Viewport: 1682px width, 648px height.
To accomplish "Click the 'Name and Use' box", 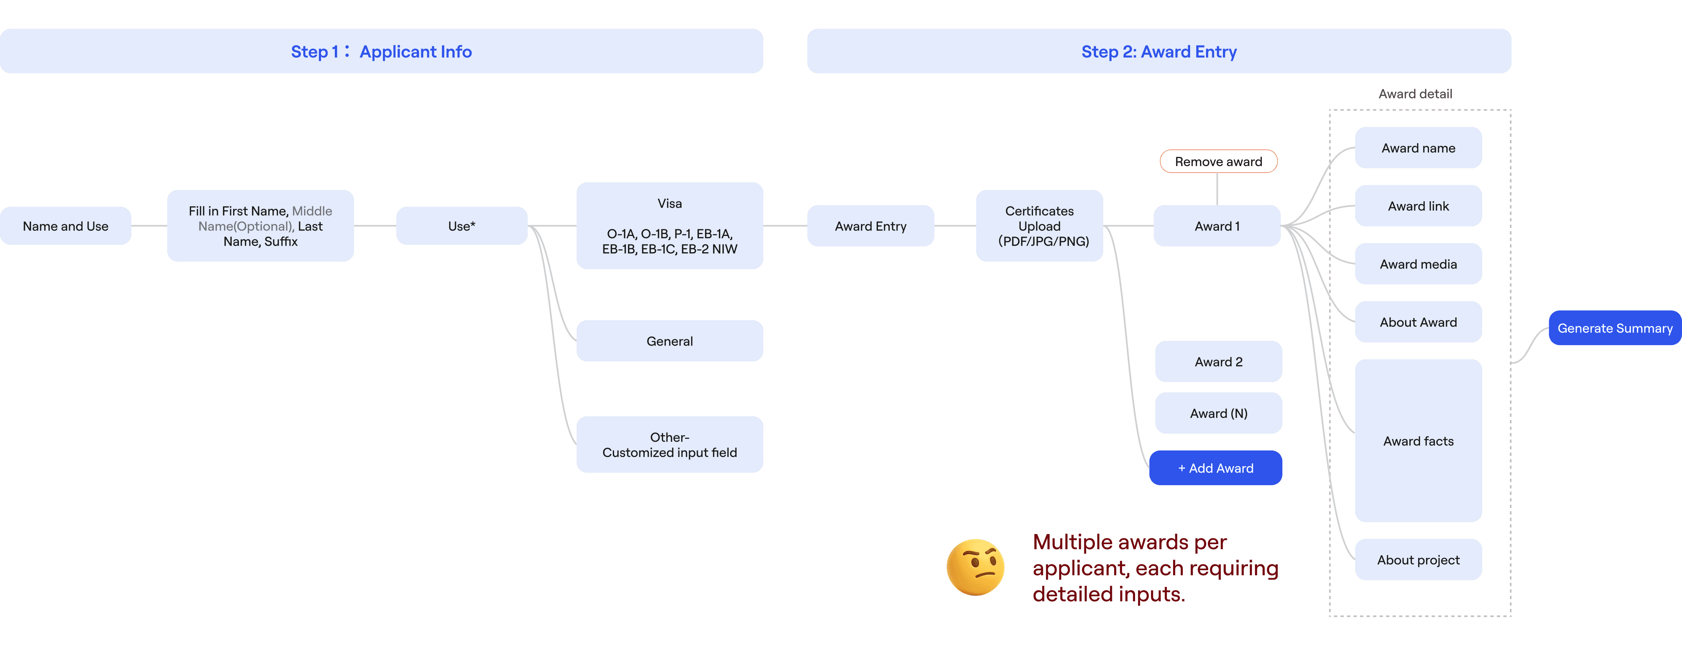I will pos(65,226).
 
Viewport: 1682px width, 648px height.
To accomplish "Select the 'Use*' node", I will pos(461,226).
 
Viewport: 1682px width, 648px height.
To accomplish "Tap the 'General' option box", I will pos(669,340).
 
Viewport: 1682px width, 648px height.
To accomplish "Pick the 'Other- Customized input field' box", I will pos(669,444).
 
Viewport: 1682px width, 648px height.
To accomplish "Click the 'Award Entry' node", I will pos(870,226).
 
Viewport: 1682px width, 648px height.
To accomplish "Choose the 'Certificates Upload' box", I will pos(1040,226).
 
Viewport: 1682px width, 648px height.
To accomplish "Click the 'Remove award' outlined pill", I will pos(1218,161).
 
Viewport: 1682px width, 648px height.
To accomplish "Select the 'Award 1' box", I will pos(1217,226).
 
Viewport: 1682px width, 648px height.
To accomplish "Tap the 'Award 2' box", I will pos(1218,361).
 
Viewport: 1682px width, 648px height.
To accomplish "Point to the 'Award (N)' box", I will pos(1218,413).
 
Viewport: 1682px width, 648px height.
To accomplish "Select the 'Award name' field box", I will pos(1418,148).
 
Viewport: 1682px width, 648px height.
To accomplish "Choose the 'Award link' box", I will pos(1418,206).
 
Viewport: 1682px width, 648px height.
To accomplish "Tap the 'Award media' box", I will pos(1418,264).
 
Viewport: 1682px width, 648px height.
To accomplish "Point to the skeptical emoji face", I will pos(975,567).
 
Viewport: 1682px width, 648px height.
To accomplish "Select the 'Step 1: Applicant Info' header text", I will pos(381,51).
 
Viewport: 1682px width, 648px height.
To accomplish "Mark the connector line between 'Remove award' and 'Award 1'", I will pos(1217,189).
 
